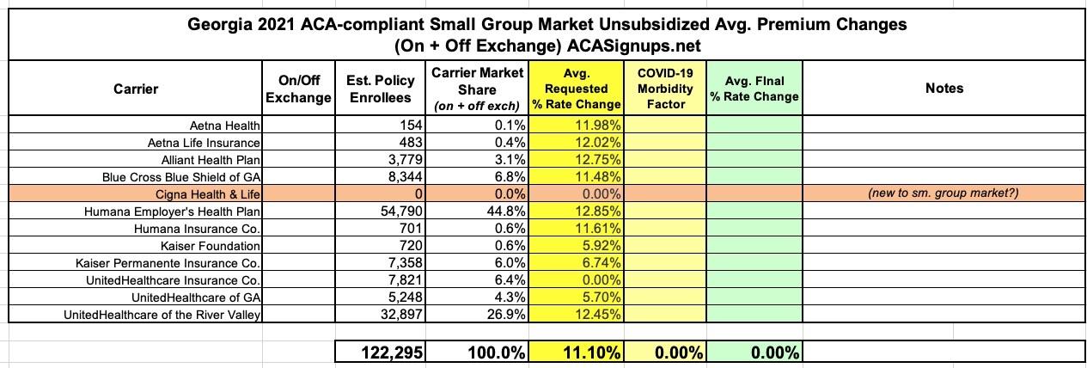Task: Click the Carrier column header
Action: (x=135, y=89)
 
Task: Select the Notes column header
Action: (x=944, y=89)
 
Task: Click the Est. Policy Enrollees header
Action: (x=382, y=89)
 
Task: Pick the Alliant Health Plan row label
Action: (x=211, y=159)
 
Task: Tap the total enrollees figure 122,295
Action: (x=388, y=353)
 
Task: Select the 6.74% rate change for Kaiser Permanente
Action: (x=602, y=263)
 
